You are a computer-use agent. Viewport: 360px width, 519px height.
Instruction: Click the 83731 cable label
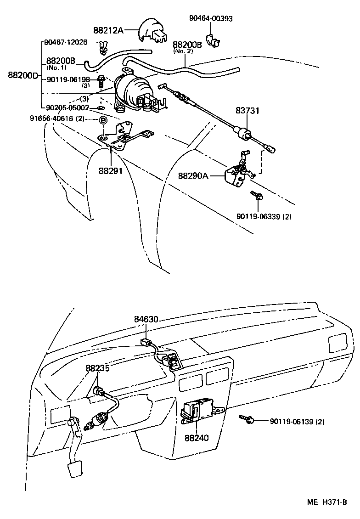click(x=248, y=111)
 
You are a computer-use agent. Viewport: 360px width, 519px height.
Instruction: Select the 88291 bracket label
click(x=110, y=170)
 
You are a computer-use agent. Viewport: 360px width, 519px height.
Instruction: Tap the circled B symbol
click(x=103, y=120)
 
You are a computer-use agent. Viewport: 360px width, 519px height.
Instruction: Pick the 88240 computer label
click(x=197, y=438)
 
